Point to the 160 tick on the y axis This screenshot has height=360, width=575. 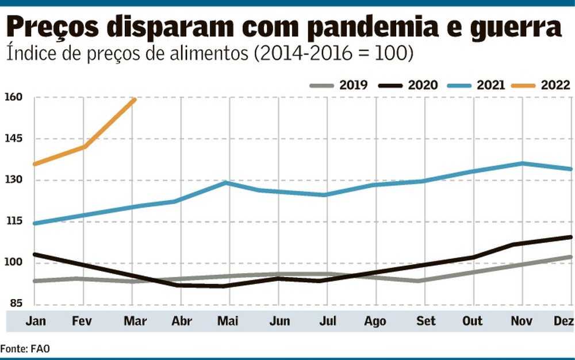(x=14, y=97)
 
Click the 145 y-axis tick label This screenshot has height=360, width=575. (x=14, y=139)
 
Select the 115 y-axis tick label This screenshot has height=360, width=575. (x=14, y=221)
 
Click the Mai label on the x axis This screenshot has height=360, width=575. (x=228, y=321)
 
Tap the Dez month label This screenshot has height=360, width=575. (x=564, y=321)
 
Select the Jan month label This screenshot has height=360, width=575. (x=36, y=321)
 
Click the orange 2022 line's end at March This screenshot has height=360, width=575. (x=134, y=99)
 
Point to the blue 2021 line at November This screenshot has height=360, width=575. (x=522, y=163)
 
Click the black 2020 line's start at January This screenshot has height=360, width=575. (x=34, y=254)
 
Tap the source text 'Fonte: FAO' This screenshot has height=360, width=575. (x=21, y=348)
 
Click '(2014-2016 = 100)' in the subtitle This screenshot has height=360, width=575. (x=334, y=53)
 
